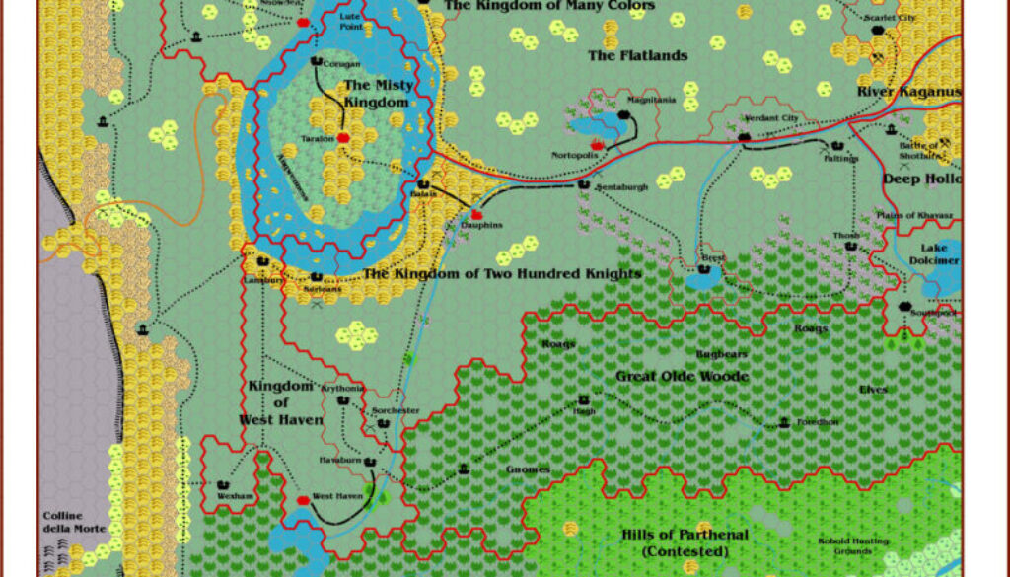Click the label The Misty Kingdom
pos(376,94)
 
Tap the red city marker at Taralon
pos(343,138)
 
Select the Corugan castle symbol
pos(317,61)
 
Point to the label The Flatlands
pos(637,55)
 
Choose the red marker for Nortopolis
pos(597,146)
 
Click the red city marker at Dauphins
pos(478,214)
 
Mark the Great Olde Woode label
pos(682,376)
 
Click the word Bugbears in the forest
pos(722,354)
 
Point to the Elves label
pos(873,389)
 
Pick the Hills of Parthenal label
pos(685,541)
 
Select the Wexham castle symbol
pos(223,485)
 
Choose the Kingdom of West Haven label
pos(281,402)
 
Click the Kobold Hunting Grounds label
pos(853,545)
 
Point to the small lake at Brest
pos(704,279)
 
